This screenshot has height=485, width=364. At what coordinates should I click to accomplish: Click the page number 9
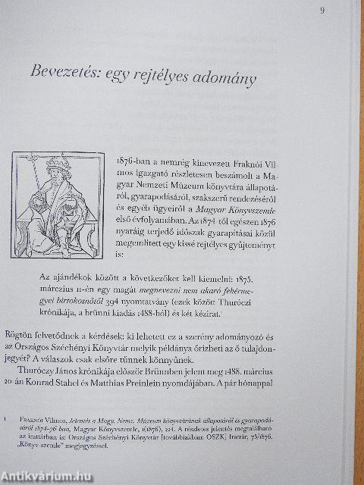[322, 10]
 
